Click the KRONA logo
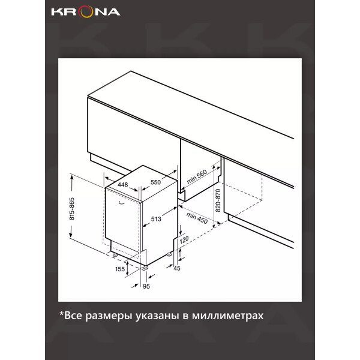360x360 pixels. tap(85, 12)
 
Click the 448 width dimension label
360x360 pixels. tap(123, 185)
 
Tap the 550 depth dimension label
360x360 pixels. tap(155, 182)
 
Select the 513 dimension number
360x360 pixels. tap(156, 219)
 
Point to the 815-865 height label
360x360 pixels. tap(72, 208)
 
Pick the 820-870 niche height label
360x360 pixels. tap(218, 200)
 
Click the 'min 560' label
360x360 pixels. tap(197, 176)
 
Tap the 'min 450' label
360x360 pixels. tap(197, 218)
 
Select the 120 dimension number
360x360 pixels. tap(184, 239)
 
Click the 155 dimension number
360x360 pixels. tap(120, 269)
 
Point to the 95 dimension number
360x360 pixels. tap(146, 286)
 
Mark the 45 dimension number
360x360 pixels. tap(177, 268)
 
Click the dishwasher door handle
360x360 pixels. tap(121, 202)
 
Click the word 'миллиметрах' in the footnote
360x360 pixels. tap(228, 316)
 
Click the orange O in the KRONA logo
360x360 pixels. tap(86, 12)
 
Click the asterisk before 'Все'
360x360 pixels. tap(61, 313)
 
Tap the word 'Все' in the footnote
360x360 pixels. tap(73, 316)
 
